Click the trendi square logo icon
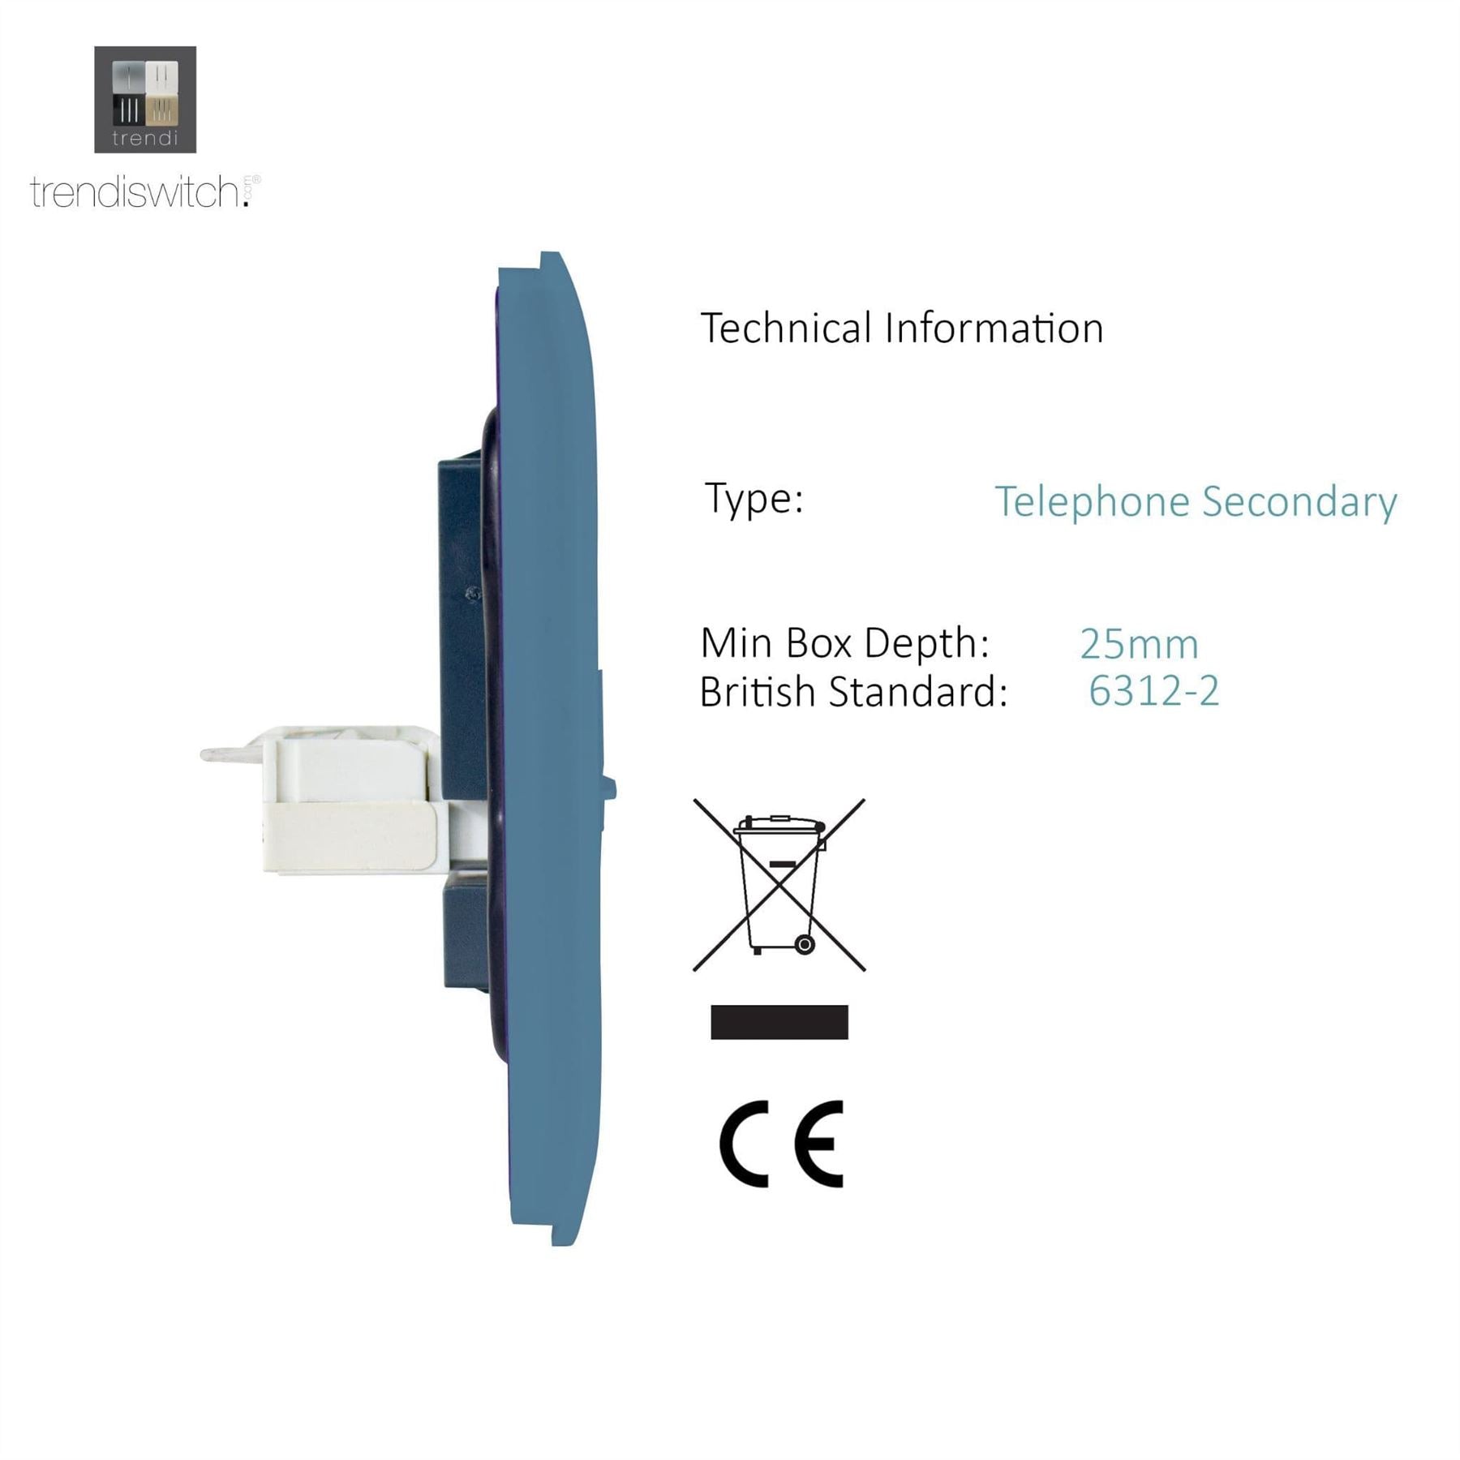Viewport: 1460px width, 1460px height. tap(145, 100)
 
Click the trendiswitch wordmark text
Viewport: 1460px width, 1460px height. tap(145, 192)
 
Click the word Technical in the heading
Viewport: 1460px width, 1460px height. tap(786, 328)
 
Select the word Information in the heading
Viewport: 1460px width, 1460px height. tap(994, 328)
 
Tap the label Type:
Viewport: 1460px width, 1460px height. tap(754, 500)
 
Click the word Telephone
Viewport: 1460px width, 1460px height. tap(1093, 503)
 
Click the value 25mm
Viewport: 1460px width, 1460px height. tap(1139, 645)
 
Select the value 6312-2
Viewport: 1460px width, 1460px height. tap(1153, 692)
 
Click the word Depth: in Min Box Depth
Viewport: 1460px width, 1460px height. tap(927, 644)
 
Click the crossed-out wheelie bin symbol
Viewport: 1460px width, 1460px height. tap(779, 885)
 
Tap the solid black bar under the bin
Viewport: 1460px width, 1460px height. tap(779, 1022)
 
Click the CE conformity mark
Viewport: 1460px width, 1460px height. tap(782, 1144)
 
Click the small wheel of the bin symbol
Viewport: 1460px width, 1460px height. tap(804, 944)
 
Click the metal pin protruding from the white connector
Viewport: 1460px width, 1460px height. tap(230, 754)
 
